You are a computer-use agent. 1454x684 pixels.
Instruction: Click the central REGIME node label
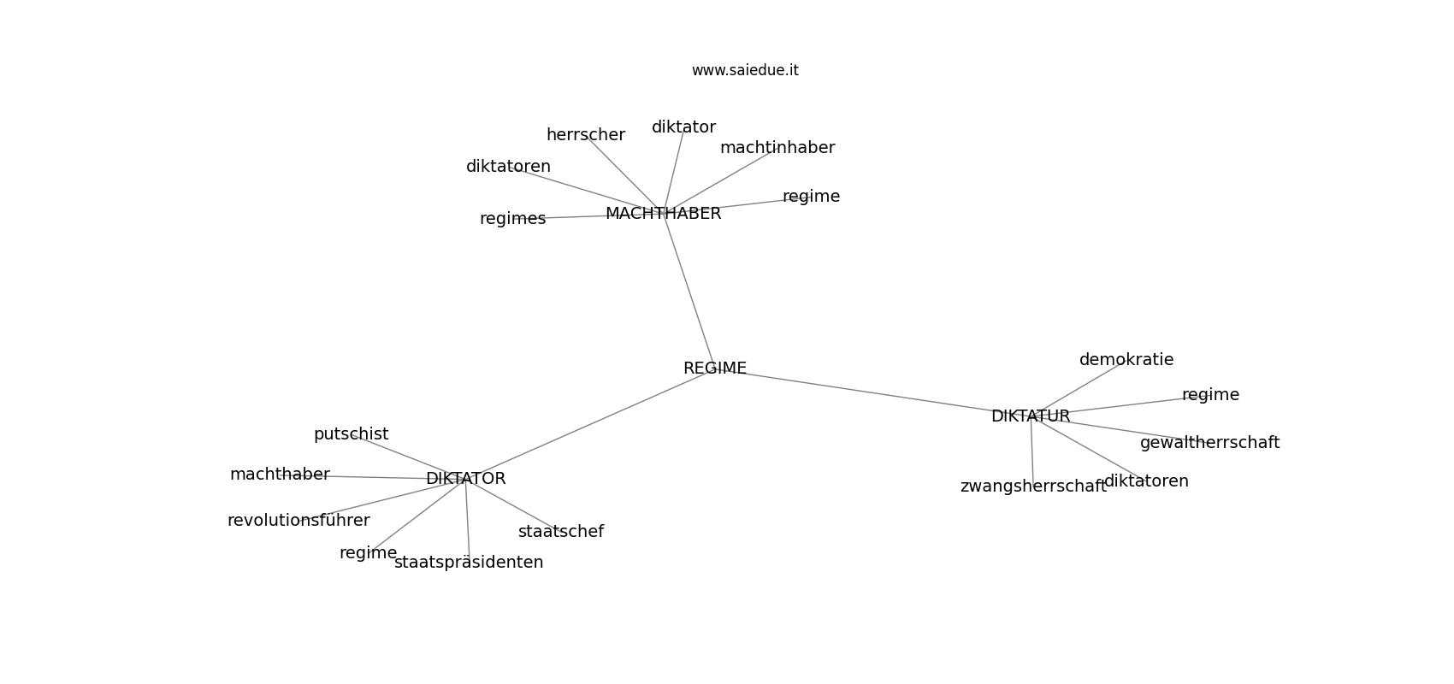click(x=714, y=369)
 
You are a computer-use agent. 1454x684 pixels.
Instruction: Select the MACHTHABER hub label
click(x=663, y=214)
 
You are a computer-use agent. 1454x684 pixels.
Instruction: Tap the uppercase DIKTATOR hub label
click(x=465, y=479)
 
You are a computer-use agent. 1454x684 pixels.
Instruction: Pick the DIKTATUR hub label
click(x=1030, y=416)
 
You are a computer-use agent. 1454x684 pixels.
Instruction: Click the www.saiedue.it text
click(x=745, y=70)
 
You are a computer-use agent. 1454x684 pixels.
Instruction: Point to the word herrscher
click(x=585, y=135)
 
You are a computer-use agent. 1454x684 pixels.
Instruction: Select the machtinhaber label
click(x=777, y=148)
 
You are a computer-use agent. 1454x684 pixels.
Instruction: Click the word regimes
click(x=512, y=219)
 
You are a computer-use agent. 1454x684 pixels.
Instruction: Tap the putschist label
click(x=351, y=434)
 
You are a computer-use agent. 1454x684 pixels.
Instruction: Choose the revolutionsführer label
click(x=298, y=521)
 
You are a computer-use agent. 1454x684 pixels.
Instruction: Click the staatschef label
click(x=560, y=532)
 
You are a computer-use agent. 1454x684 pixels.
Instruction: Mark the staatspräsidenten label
click(x=469, y=563)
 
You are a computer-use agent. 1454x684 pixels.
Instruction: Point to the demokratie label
click(x=1126, y=360)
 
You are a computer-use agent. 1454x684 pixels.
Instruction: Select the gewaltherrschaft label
click(x=1209, y=443)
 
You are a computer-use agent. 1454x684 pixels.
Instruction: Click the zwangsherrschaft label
click(x=1032, y=486)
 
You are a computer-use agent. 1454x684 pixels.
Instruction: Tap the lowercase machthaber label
click(x=280, y=475)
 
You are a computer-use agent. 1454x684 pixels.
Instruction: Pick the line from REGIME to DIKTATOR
click(x=590, y=424)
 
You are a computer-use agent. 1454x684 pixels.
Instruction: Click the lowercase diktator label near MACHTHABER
click(x=683, y=127)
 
